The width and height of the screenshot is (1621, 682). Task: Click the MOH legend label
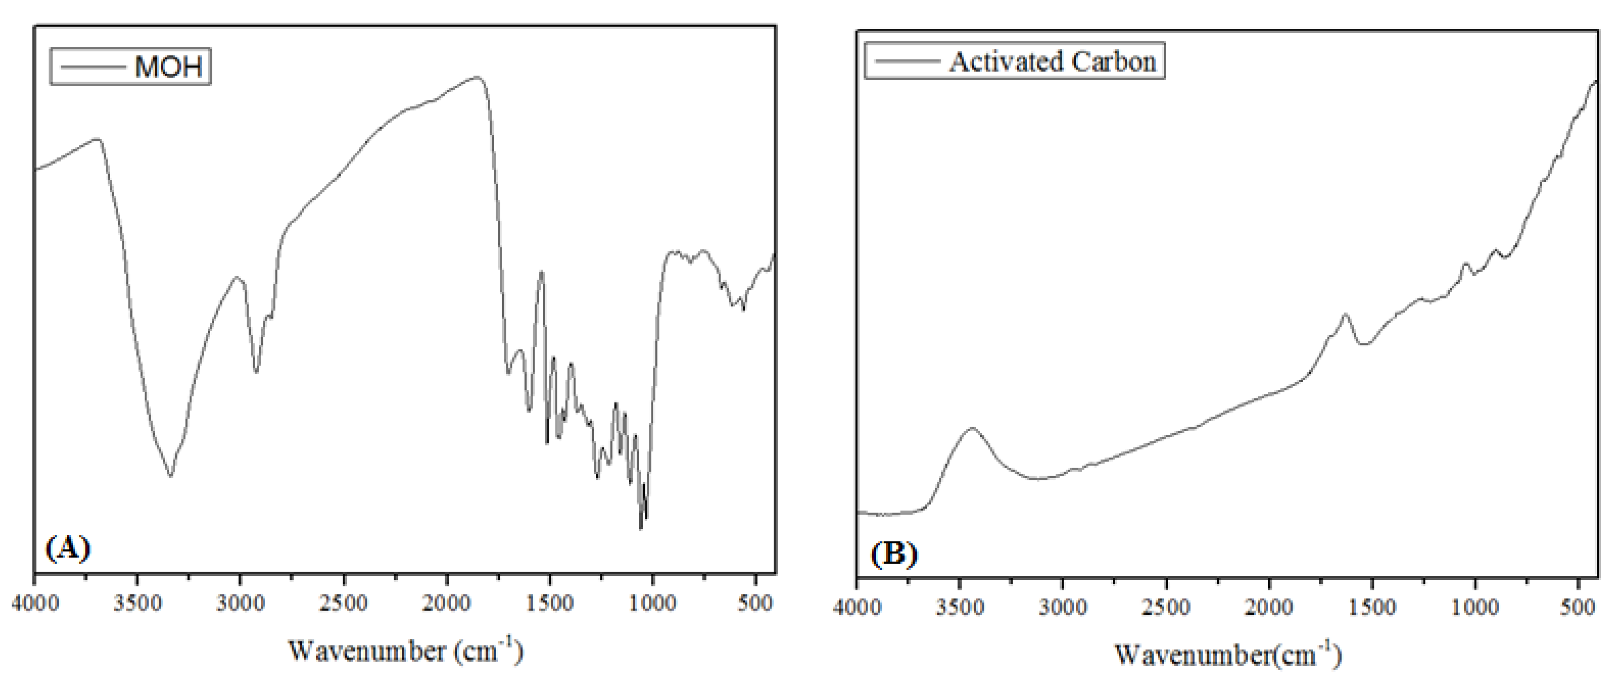point(168,66)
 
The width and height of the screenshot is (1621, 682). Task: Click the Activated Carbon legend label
point(1052,62)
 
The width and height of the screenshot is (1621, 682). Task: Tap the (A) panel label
point(68,548)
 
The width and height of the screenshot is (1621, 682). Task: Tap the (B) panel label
point(893,554)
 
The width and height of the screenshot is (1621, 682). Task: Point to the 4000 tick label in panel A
point(35,603)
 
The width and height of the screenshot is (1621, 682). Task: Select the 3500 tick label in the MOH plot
point(137,603)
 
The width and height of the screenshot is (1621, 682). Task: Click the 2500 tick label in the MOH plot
point(344,603)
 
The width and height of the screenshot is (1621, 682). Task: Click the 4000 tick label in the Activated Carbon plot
point(857,607)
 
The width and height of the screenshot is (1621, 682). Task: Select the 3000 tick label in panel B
point(1063,607)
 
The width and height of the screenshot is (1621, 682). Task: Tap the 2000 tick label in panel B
point(1269,607)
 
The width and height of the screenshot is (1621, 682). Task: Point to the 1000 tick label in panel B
point(1475,607)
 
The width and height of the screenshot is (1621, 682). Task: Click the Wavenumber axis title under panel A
point(405,650)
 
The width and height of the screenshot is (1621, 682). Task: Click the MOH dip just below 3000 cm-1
point(256,371)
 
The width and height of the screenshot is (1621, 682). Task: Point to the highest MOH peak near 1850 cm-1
point(477,77)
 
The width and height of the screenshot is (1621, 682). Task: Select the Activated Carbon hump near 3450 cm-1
point(971,428)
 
